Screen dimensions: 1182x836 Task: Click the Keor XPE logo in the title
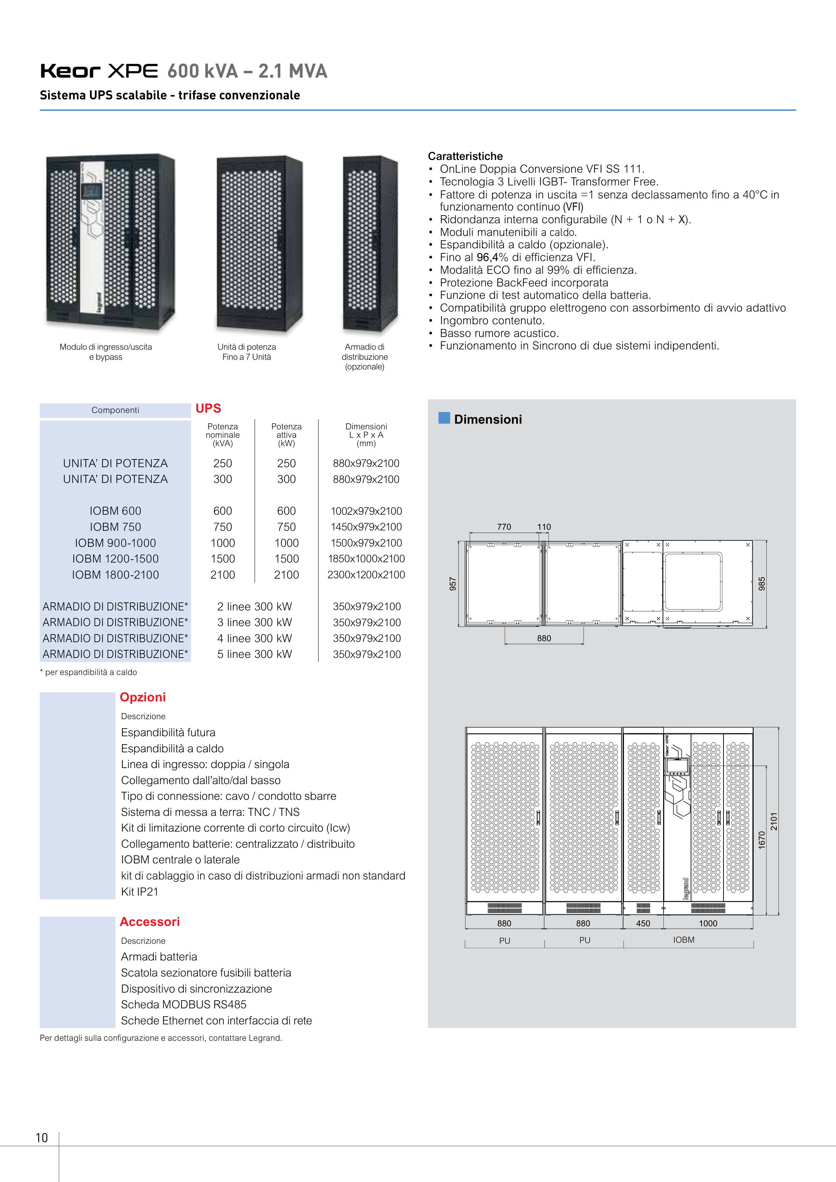99,71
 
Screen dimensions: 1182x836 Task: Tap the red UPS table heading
208,408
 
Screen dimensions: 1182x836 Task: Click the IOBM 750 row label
116,527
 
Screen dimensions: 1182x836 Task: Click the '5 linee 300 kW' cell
254,654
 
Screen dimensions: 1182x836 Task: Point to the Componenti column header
116,410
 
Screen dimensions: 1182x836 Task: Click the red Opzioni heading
143,697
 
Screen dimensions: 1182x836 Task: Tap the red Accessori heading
149,922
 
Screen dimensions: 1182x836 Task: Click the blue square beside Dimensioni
444,418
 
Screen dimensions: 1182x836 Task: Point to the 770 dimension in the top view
504,527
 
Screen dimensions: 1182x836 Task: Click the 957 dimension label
453,584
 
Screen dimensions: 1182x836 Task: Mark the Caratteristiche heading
465,156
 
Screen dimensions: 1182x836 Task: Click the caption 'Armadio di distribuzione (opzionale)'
365,357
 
